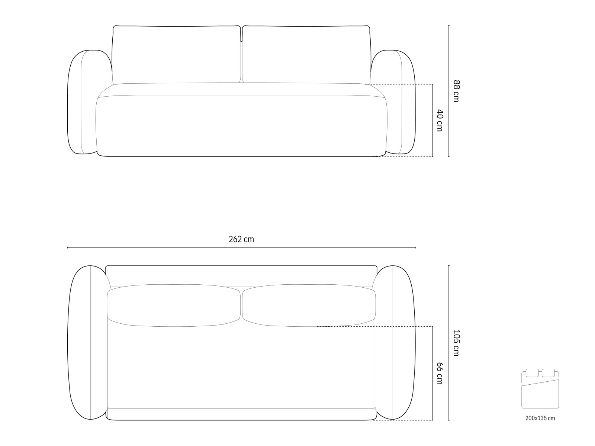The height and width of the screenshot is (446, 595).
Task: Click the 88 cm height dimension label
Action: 456,91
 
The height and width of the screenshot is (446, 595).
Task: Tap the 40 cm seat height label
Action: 440,120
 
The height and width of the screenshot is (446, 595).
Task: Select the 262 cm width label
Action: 241,239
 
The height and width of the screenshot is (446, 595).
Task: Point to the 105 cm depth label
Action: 456,343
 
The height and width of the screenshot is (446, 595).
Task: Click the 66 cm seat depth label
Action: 440,374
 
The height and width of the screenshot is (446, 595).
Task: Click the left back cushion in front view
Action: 176,55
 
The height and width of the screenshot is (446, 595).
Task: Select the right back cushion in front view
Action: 306,55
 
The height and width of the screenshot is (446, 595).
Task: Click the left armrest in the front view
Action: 81,102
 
